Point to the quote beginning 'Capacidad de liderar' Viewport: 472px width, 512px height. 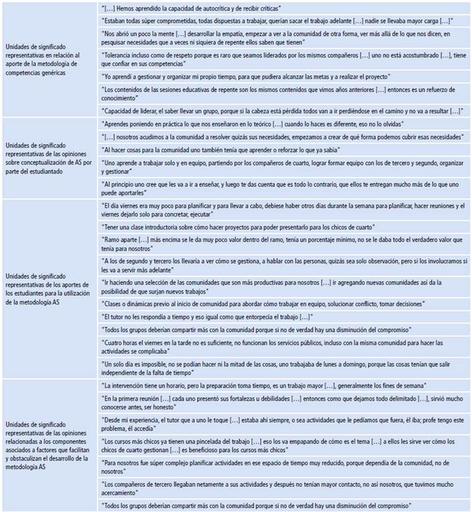[x=280, y=110]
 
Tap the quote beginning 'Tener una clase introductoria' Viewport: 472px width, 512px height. [x=240, y=228]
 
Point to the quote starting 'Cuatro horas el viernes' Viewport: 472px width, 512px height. [x=280, y=346]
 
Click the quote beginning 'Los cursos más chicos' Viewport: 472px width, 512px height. [x=280, y=446]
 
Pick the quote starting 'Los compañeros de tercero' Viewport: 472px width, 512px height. [x=280, y=487]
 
